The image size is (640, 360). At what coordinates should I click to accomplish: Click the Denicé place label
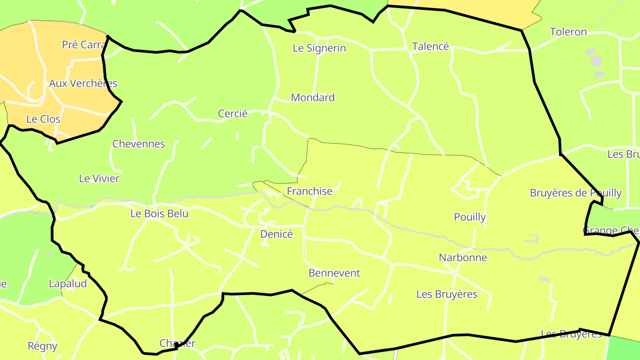pyautogui.click(x=276, y=234)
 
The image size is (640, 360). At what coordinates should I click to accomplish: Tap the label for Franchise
pyautogui.click(x=309, y=191)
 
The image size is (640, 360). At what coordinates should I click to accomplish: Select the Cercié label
pyautogui.click(x=232, y=113)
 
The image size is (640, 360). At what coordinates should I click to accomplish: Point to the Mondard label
pyautogui.click(x=312, y=97)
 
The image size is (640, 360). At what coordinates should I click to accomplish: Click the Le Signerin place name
pyautogui.click(x=319, y=48)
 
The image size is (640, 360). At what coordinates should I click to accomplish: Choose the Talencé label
pyautogui.click(x=430, y=46)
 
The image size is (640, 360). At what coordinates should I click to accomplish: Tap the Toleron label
pyautogui.click(x=568, y=32)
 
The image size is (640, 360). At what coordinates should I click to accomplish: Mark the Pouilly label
pyautogui.click(x=470, y=217)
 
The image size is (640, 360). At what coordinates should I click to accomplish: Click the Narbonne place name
pyautogui.click(x=463, y=257)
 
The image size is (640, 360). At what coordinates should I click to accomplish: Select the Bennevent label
pyautogui.click(x=334, y=273)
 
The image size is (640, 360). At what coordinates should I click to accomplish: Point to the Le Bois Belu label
pyautogui.click(x=159, y=213)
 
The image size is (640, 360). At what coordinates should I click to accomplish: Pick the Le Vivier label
pyautogui.click(x=99, y=178)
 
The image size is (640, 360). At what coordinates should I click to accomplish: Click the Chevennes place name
pyautogui.click(x=138, y=144)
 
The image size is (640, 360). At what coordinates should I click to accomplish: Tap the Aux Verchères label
pyautogui.click(x=83, y=83)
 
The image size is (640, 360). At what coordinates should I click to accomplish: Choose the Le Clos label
pyautogui.click(x=43, y=119)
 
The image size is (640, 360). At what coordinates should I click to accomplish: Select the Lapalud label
pyautogui.click(x=68, y=284)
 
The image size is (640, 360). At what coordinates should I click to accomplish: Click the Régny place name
pyautogui.click(x=42, y=346)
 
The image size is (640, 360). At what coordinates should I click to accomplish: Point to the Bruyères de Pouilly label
pyautogui.click(x=576, y=193)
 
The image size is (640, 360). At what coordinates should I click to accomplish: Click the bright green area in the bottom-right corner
pyautogui.click(x=624, y=349)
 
